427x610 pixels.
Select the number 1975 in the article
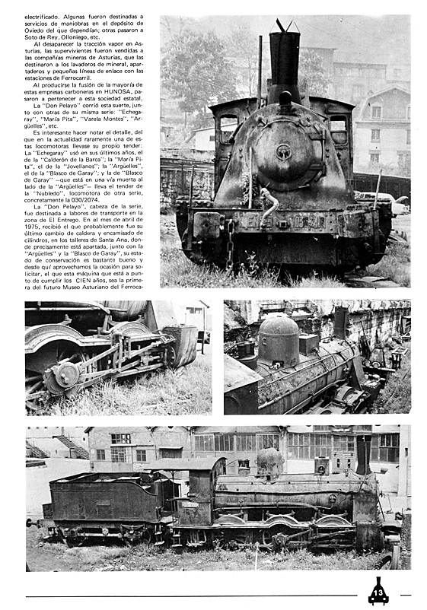click(x=34, y=228)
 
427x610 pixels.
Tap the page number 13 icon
click(x=378, y=591)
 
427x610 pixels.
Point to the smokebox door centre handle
click(x=283, y=151)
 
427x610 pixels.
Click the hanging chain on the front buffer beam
click(x=229, y=241)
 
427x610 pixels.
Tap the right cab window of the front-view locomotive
click(x=338, y=129)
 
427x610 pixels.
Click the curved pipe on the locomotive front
click(x=268, y=202)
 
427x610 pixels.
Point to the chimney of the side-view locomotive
click(x=363, y=456)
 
